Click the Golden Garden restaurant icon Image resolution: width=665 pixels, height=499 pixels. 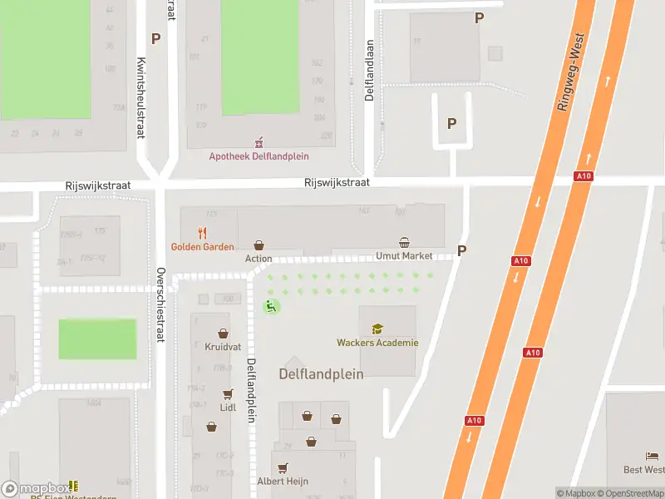coord(202,233)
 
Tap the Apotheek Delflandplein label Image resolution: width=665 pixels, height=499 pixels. coord(259,156)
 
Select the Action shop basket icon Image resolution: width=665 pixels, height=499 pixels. coord(259,245)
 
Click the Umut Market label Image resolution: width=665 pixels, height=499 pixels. coord(404,256)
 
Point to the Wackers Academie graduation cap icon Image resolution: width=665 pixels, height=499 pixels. coord(377,329)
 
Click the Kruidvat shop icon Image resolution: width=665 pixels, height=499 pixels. coord(222,333)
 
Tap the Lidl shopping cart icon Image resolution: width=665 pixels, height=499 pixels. coord(228,394)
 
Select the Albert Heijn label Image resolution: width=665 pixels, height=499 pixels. coord(283,481)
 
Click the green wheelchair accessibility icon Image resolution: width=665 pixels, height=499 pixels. coord(271,307)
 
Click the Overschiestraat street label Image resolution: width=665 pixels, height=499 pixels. coord(161,305)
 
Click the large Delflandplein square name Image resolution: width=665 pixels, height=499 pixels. coord(321,374)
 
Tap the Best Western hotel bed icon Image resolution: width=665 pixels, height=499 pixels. coord(652,457)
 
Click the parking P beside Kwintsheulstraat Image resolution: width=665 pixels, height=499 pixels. coord(155,38)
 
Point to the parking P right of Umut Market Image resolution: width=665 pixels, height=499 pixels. coord(462,251)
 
